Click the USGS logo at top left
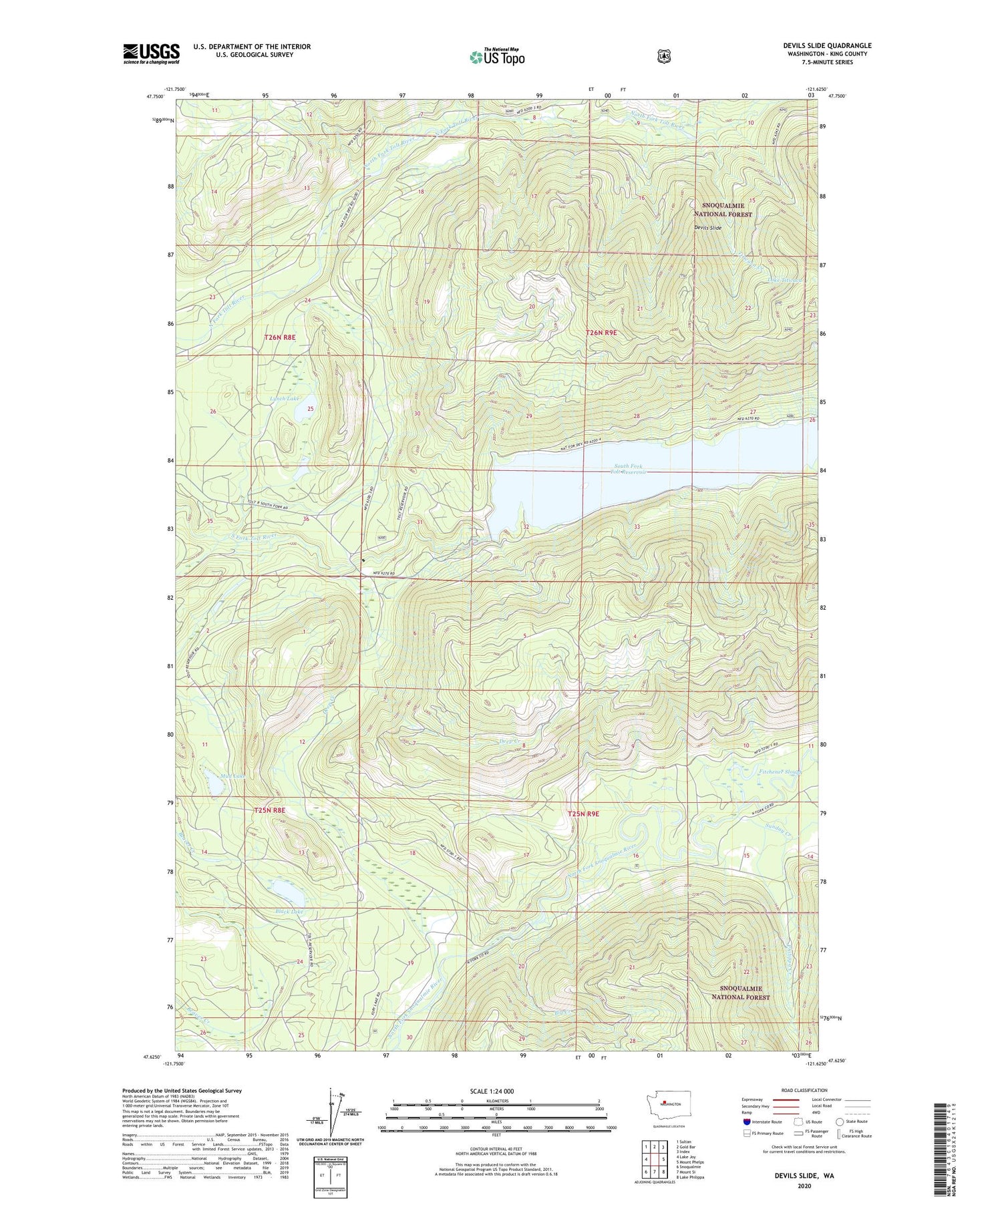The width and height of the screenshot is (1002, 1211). (x=152, y=53)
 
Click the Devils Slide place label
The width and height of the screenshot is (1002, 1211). (x=707, y=228)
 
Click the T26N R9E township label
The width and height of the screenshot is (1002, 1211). (x=602, y=333)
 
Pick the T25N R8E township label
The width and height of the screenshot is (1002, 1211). (x=270, y=810)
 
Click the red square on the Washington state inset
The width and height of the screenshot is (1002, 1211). (x=665, y=1103)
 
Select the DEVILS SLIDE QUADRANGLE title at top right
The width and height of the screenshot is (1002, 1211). (x=827, y=45)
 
